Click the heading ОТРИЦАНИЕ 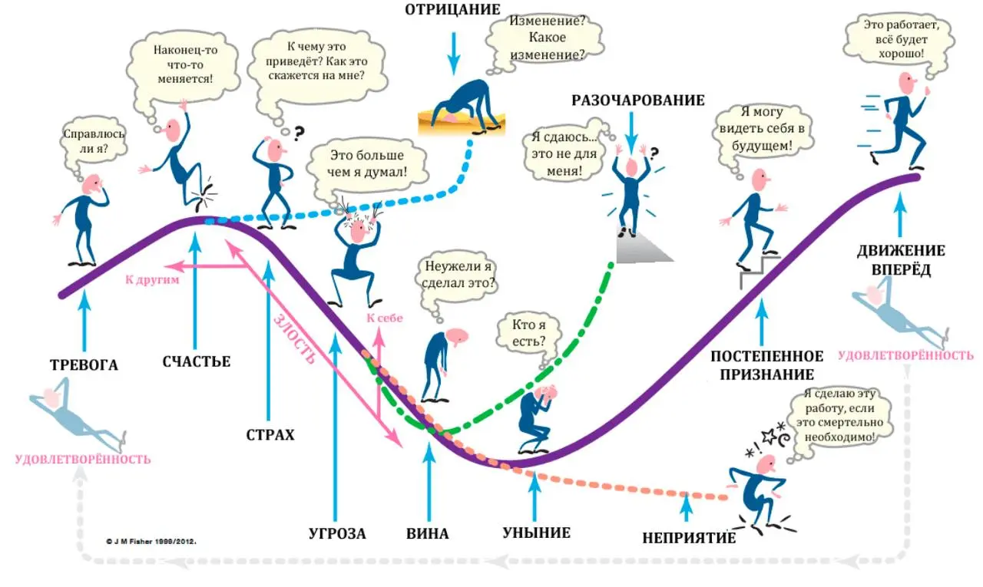[452, 10]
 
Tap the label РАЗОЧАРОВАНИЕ [638, 101]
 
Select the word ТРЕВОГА [84, 365]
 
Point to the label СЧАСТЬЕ [197, 361]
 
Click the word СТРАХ [270, 435]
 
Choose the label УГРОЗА [337, 533]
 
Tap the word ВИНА [428, 533]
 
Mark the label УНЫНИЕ [537, 533]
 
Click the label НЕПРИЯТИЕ [689, 538]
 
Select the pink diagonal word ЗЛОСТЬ [295, 339]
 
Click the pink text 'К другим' [152, 280]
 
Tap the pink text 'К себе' [385, 318]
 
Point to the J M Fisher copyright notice [151, 542]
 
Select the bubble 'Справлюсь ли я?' [94, 143]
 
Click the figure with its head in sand [462, 107]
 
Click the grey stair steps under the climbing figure [760, 272]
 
